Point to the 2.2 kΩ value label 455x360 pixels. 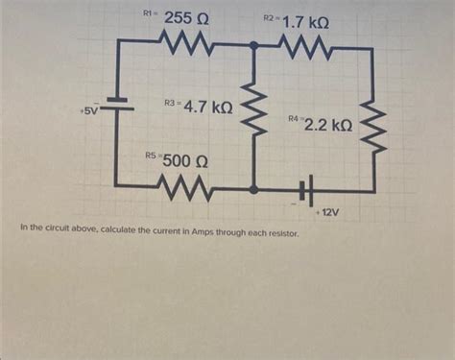[328, 124]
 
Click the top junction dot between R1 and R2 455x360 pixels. [254, 44]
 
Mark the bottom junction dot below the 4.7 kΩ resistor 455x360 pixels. [254, 190]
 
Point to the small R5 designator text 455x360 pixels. [151, 155]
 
